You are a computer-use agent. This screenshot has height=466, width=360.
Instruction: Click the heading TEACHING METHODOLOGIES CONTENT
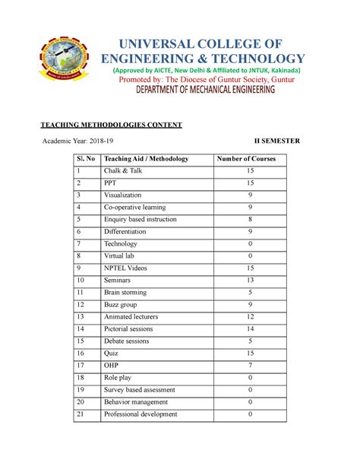point(111,124)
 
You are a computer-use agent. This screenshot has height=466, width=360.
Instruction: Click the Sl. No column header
point(83,159)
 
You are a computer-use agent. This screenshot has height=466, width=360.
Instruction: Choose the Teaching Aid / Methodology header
point(145,159)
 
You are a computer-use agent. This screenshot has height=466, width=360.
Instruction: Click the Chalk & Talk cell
point(124,171)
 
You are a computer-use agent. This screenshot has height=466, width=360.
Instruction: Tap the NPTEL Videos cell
point(127,268)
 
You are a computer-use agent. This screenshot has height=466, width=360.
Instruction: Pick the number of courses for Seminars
point(250,281)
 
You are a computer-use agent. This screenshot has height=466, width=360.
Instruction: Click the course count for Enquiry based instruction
point(250,220)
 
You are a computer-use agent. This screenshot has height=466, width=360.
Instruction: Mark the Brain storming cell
point(128,293)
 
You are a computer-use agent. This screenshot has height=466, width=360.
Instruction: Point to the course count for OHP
point(250,366)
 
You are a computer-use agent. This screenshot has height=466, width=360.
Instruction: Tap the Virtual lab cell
point(121,256)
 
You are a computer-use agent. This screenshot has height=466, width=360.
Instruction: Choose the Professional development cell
point(141,414)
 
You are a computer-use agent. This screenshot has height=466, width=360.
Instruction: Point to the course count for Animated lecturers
point(250,317)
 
